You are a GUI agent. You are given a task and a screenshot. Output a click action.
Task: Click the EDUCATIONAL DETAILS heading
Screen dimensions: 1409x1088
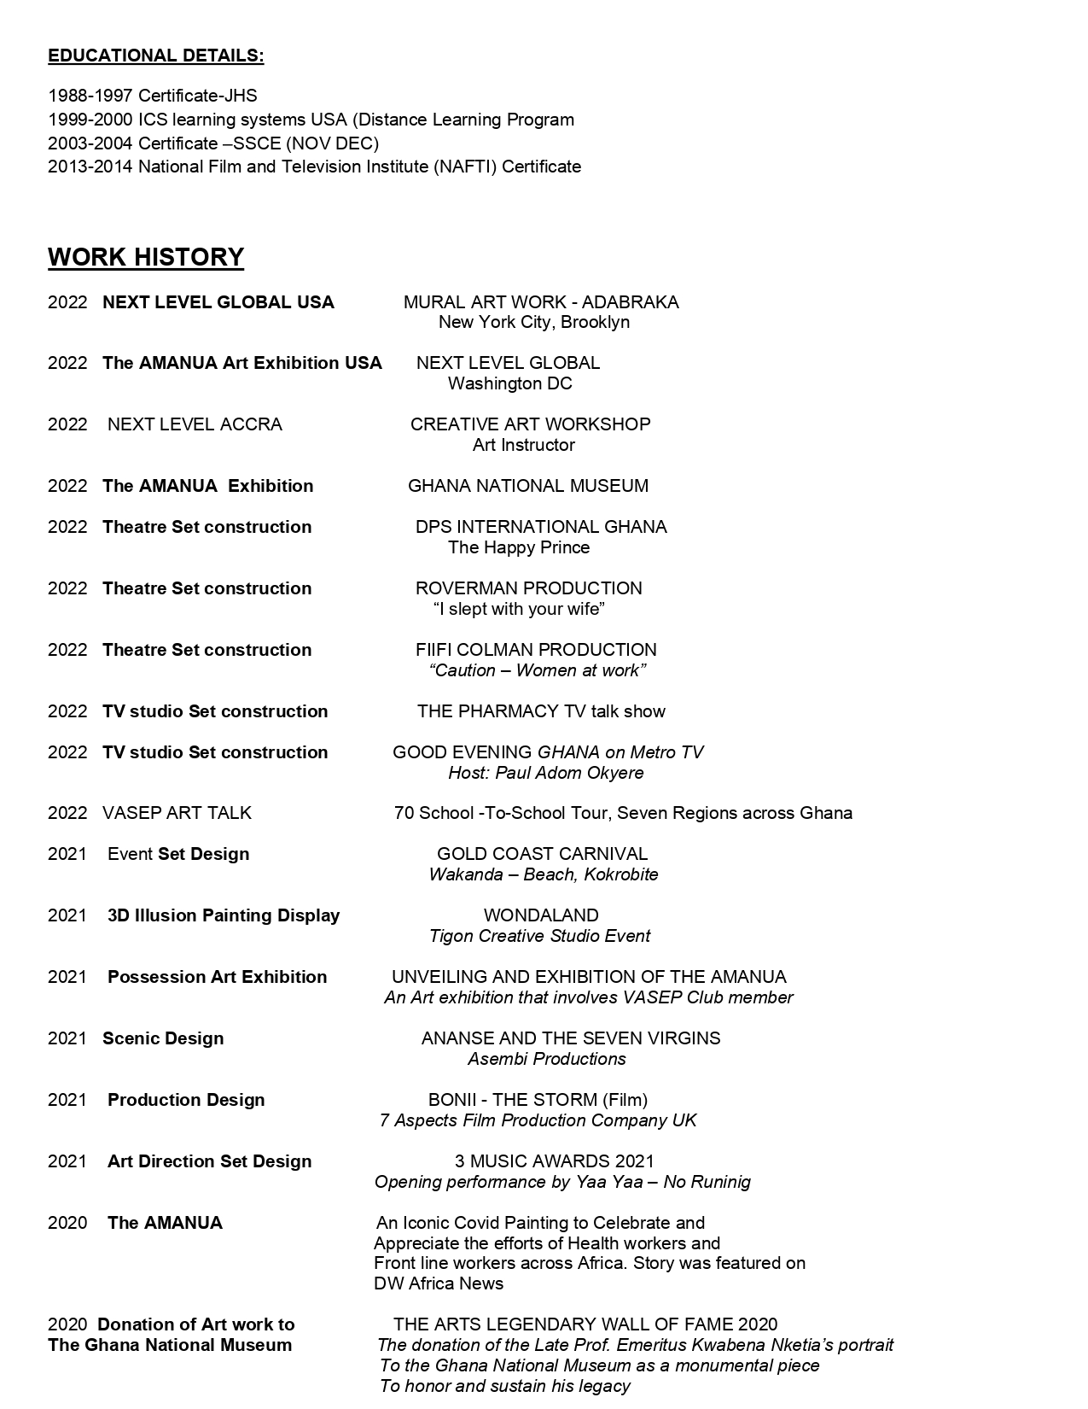pyautogui.click(x=155, y=56)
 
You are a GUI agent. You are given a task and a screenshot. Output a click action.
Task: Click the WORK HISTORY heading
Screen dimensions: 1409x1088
pyautogui.click(x=146, y=257)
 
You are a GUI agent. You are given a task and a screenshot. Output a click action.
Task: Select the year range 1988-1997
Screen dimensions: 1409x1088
pyautogui.click(x=90, y=96)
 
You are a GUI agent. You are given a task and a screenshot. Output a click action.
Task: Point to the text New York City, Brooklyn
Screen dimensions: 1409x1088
pyautogui.click(x=533, y=322)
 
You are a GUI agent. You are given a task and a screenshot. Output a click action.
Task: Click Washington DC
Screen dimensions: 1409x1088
pyautogui.click(x=509, y=383)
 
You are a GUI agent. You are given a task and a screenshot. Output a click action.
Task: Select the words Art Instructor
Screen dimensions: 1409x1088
pyautogui.click(x=523, y=445)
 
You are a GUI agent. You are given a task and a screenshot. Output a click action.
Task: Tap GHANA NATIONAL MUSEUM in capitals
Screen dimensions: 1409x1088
pyautogui.click(x=527, y=486)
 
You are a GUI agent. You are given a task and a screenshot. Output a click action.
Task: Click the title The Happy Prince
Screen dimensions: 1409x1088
pyautogui.click(x=519, y=547)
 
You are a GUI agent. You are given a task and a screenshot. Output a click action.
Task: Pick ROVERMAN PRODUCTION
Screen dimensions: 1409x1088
pyautogui.click(x=528, y=588)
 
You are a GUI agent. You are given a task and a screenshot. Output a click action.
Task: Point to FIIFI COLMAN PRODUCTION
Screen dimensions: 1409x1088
pyautogui.click(x=536, y=650)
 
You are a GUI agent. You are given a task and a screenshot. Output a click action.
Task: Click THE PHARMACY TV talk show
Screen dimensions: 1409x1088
pyautogui.click(x=541, y=711)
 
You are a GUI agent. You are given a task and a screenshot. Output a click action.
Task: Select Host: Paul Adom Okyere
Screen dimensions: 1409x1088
pyautogui.click(x=545, y=773)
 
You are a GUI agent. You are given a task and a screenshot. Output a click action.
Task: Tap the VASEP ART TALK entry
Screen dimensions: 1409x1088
pyautogui.click(x=177, y=813)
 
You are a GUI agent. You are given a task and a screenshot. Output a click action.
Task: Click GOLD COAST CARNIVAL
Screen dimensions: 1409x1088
pyautogui.click(x=542, y=854)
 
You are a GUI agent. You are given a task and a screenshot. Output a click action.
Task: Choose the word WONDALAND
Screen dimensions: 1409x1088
pyautogui.click(x=541, y=915)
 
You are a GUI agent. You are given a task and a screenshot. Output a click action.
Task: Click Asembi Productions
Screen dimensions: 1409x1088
pyautogui.click(x=546, y=1059)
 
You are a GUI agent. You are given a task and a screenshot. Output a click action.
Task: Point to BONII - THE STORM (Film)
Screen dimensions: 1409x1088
pyautogui.click(x=538, y=1100)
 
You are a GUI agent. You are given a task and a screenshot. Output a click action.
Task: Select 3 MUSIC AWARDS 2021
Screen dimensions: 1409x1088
pyautogui.click(x=554, y=1161)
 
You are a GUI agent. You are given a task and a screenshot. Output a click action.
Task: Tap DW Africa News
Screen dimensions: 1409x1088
pyautogui.click(x=439, y=1283)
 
